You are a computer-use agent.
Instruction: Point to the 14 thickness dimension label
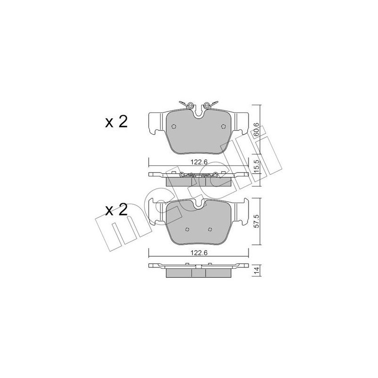(x=257, y=270)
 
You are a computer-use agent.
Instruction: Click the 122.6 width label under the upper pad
(x=199, y=162)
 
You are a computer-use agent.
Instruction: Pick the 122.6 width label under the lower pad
(x=199, y=253)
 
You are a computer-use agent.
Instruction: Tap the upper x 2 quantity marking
(x=116, y=122)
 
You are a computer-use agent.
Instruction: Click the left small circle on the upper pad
(x=174, y=127)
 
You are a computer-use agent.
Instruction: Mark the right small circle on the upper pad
(x=223, y=126)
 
